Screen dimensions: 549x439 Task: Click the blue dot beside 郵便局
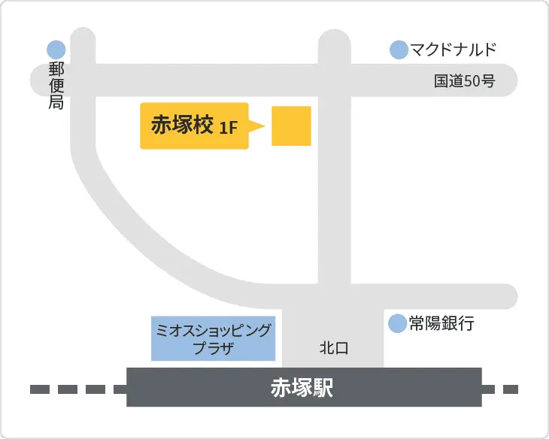click(x=56, y=50)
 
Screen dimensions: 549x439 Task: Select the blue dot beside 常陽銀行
click(x=396, y=324)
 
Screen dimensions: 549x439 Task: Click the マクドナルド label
click(x=453, y=50)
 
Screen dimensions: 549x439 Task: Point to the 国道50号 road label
click(x=464, y=81)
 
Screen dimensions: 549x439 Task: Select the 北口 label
click(x=334, y=348)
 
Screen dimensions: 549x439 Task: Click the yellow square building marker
click(x=291, y=126)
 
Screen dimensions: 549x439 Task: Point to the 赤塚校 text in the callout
click(x=182, y=125)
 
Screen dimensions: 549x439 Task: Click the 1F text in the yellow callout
click(x=229, y=128)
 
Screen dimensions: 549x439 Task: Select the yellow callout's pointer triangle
click(x=257, y=126)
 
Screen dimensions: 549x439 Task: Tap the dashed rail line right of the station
click(x=500, y=389)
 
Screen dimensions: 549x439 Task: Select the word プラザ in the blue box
click(x=214, y=348)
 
